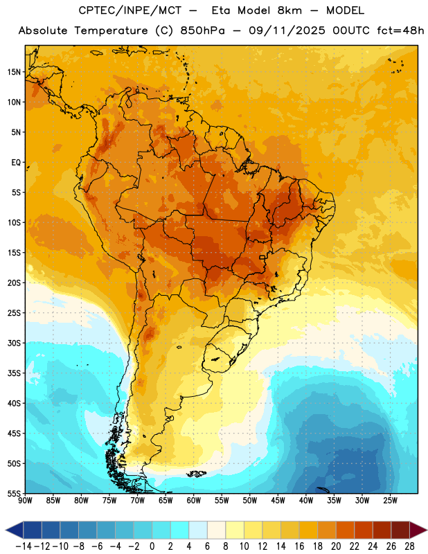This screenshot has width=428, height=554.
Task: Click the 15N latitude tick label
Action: coord(14,72)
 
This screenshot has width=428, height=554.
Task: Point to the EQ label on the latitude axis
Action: coord(16,163)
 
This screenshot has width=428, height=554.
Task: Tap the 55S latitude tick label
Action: coord(14,493)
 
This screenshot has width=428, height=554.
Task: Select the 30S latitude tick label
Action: coord(14,343)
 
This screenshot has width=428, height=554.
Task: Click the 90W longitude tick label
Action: coord(26,501)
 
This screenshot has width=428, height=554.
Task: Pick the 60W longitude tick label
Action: coord(194,501)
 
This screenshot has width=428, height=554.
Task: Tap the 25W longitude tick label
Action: coord(390,501)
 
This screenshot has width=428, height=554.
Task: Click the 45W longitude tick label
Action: coord(278,501)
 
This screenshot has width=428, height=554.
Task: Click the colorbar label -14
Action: coord(24,546)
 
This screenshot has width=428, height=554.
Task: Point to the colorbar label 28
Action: coord(409,546)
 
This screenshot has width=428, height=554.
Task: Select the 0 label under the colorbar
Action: coord(152,546)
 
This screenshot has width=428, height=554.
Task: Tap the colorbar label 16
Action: coord(299,546)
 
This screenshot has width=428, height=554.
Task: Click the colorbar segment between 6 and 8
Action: coord(217,530)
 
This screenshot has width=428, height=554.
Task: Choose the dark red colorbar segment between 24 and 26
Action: coord(382,530)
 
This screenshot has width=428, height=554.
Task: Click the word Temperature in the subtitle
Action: coord(111,30)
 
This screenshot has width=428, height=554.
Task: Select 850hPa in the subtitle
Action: coord(202,30)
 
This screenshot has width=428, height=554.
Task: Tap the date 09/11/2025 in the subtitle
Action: coord(287,30)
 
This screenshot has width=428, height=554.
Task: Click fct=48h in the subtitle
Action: coord(400,30)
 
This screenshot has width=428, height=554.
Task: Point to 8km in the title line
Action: coord(289,10)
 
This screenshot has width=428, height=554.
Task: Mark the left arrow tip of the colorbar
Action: coord(6,530)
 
